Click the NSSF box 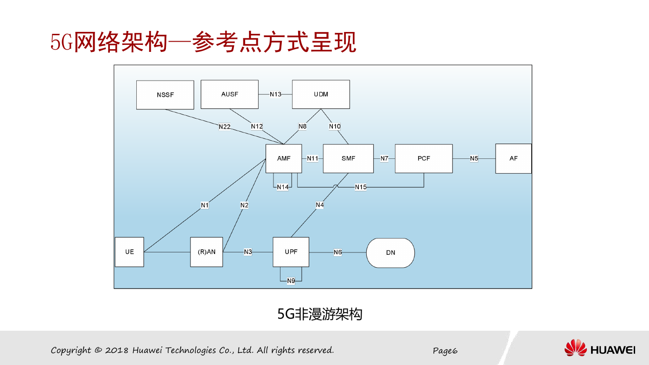click(165, 95)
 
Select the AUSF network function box click(229, 94)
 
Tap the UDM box click(321, 94)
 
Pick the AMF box click(284, 158)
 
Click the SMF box click(348, 158)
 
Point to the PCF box click(424, 158)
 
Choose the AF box click(514, 158)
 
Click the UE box click(129, 252)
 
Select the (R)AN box click(207, 252)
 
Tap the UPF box click(291, 252)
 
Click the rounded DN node click(390, 253)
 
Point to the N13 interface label click(275, 94)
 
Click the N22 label click(224, 127)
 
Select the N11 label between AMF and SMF click(312, 158)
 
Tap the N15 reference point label click(361, 187)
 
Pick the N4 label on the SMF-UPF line click(319, 205)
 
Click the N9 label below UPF click(291, 281)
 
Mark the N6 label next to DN click(337, 252)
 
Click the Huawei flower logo click(575, 348)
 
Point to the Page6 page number click(445, 351)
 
